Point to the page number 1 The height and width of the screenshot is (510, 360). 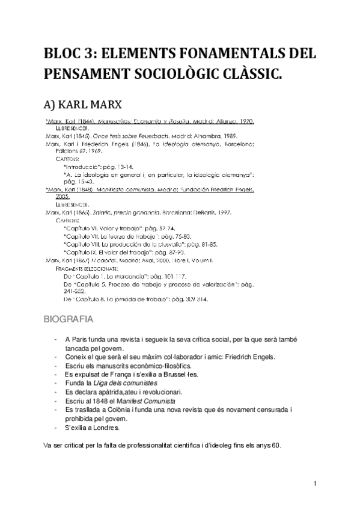[x=315, y=484]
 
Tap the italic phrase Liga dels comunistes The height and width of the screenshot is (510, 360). [x=128, y=383]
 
